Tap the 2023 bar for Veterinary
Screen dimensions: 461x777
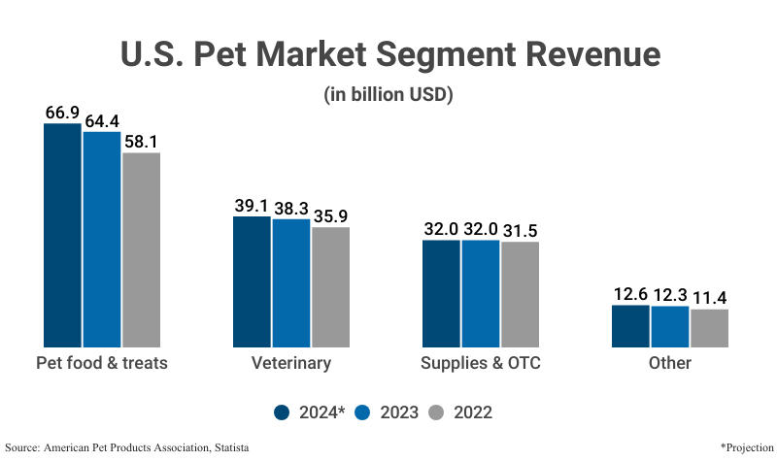pos(291,283)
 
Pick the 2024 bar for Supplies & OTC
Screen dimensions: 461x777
pos(442,293)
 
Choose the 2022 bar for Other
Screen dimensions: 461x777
pos(709,328)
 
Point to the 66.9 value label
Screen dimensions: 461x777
pos(62,113)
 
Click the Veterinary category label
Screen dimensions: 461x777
pos(291,364)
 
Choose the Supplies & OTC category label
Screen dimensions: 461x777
pos(481,364)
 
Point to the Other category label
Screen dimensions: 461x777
pos(670,364)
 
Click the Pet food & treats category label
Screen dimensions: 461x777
pos(102,364)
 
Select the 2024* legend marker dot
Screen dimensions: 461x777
pos(283,412)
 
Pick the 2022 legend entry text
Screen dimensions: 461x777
pos(472,412)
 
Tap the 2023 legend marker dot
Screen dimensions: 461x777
pos(363,412)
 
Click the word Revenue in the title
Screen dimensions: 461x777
pos(582,54)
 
